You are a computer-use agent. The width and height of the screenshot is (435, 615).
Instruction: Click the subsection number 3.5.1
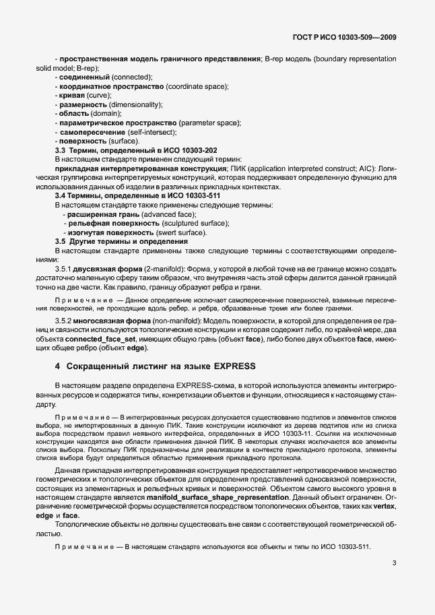(x=65, y=269)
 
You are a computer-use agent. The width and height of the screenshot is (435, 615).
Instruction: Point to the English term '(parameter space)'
(x=209, y=123)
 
